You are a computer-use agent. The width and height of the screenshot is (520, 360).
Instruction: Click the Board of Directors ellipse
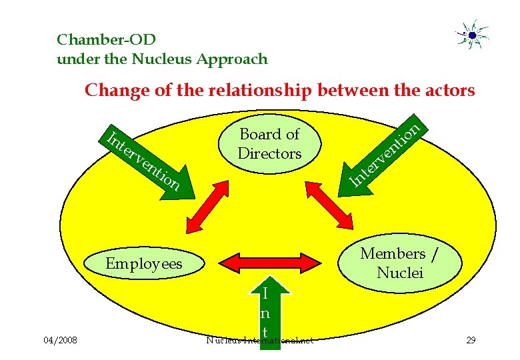coord(270,143)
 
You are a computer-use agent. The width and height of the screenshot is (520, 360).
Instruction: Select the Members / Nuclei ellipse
coord(400,263)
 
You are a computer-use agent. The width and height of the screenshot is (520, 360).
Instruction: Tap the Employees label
coord(144,264)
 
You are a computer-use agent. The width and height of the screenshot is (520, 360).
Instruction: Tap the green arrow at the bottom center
coord(265,313)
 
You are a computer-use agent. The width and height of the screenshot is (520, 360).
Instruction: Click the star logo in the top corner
coord(472,35)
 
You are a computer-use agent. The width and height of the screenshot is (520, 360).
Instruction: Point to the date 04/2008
coord(60,341)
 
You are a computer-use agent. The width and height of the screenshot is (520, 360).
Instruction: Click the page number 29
coord(471,341)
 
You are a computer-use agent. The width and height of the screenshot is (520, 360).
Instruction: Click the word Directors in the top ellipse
coord(270,153)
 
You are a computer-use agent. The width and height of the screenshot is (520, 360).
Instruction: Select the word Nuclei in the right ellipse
coord(400,272)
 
